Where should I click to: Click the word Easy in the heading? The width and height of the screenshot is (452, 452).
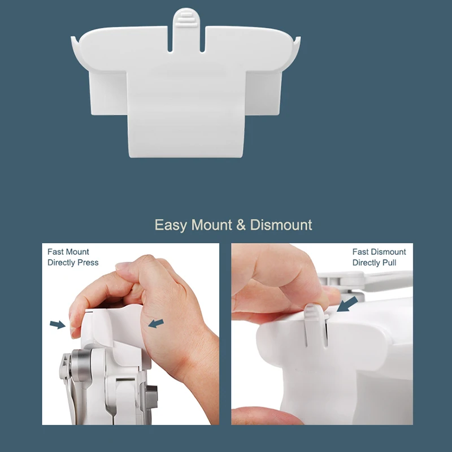pyautogui.click(x=171, y=225)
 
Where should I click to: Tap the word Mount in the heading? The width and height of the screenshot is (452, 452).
pyautogui.click(x=212, y=224)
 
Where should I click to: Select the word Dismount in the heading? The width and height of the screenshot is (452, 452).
pyautogui.click(x=281, y=224)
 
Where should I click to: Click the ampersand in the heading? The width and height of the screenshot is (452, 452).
pyautogui.click(x=241, y=225)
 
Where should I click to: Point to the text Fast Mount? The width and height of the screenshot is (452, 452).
pyautogui.click(x=68, y=251)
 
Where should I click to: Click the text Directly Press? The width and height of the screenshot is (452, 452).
pyautogui.click(x=73, y=263)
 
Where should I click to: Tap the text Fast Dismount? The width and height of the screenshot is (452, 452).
pyautogui.click(x=379, y=251)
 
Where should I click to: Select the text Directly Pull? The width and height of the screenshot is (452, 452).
pyautogui.click(x=374, y=263)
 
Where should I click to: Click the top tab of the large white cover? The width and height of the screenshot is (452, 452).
pyautogui.click(x=186, y=18)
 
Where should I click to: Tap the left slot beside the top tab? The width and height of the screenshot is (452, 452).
pyautogui.click(x=170, y=39)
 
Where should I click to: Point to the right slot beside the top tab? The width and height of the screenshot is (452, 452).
pyautogui.click(x=202, y=39)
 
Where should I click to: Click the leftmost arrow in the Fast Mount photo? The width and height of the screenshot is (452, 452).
pyautogui.click(x=58, y=324)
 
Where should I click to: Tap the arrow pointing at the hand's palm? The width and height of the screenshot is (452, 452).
pyautogui.click(x=156, y=323)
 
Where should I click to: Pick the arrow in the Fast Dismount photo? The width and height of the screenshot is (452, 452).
pyautogui.click(x=347, y=304)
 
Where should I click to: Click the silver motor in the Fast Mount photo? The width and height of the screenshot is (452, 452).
pyautogui.click(x=81, y=362)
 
